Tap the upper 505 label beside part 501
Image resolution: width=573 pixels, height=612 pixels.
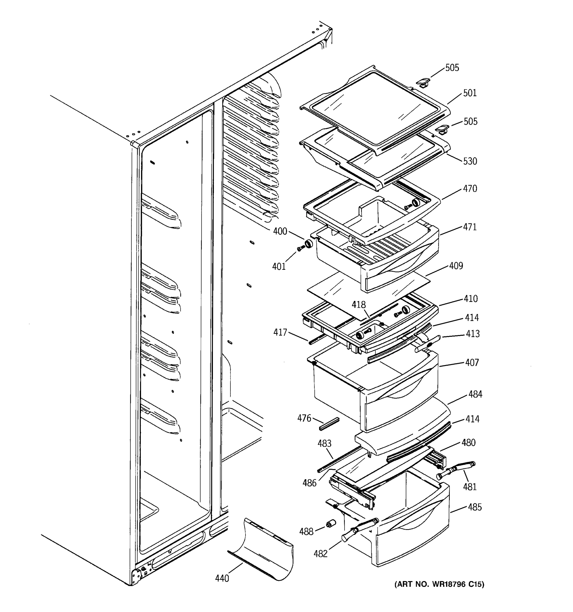pyautogui.click(x=452, y=68)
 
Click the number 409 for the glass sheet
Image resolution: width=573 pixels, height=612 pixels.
pyautogui.click(x=456, y=266)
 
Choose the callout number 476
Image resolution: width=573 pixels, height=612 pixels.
pyautogui.click(x=304, y=418)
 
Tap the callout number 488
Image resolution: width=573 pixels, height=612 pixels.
pyautogui.click(x=306, y=532)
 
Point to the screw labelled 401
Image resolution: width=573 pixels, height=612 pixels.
pyautogui.click(x=300, y=249)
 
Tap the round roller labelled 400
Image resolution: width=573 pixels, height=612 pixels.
pyautogui.click(x=308, y=244)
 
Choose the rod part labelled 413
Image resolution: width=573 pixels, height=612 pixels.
pyautogui.click(x=428, y=343)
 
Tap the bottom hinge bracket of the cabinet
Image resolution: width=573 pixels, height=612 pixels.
pyautogui.click(x=137, y=575)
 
